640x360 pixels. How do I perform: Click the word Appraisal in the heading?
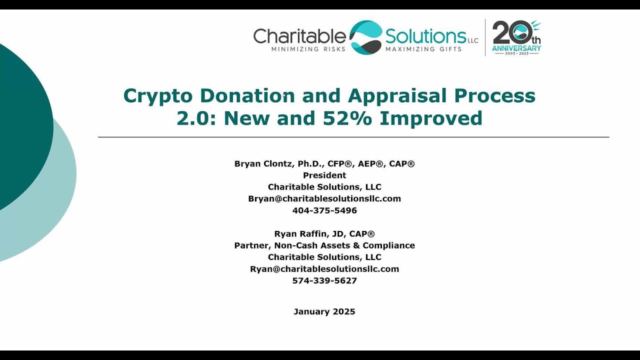point(395,96)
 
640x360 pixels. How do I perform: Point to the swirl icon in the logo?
point(365,37)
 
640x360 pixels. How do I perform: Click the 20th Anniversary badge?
point(516,37)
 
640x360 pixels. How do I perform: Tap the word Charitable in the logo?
point(299,36)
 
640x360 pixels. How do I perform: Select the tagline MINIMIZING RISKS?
point(308,49)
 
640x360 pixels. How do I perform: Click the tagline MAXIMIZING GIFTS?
point(423,49)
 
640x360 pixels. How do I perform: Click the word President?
point(324,175)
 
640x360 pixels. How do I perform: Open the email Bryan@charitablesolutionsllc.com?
point(324,198)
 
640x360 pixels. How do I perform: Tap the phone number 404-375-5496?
point(324,210)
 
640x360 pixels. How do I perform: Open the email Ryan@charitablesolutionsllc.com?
point(324,269)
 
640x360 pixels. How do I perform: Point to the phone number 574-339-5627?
point(324,280)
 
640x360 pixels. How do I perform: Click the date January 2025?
point(324,311)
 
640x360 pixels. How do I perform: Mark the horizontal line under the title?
point(353,137)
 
